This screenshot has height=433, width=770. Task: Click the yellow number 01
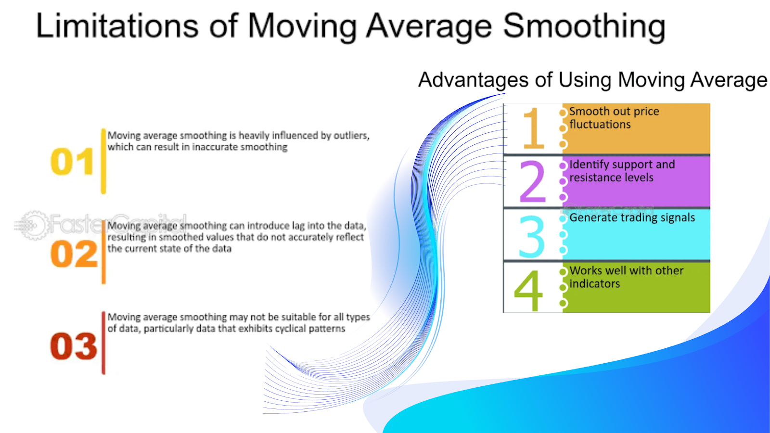(x=72, y=162)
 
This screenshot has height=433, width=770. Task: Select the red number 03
(x=74, y=346)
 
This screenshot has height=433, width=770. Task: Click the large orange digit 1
(x=534, y=128)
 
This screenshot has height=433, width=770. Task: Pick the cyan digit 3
(x=531, y=236)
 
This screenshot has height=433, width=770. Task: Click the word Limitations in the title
(x=117, y=25)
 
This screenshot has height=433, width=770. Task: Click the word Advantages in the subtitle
(x=474, y=80)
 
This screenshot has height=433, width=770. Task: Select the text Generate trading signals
(x=632, y=218)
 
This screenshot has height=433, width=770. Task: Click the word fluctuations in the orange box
(x=600, y=124)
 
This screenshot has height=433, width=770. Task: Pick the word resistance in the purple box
(x=600, y=178)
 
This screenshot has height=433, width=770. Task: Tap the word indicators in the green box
(x=595, y=283)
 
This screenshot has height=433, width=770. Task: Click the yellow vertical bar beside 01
(x=103, y=161)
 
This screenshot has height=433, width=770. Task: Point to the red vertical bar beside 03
(x=103, y=343)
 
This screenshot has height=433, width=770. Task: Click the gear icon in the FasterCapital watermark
(x=33, y=226)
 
